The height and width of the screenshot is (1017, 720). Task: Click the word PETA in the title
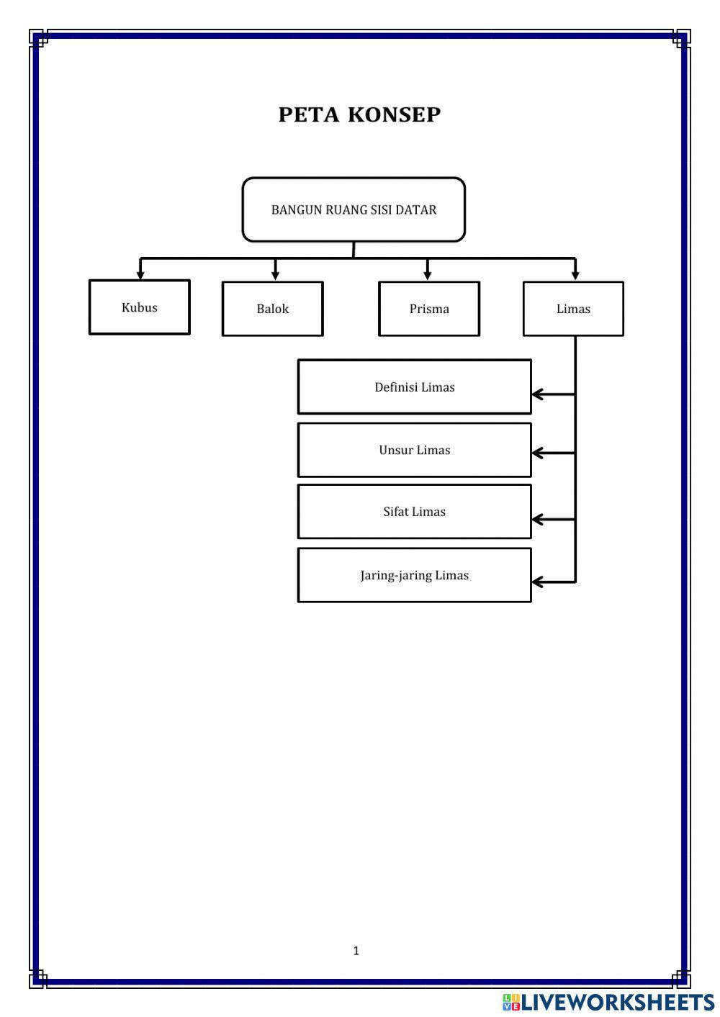tap(309, 114)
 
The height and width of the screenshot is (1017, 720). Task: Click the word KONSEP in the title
tap(395, 114)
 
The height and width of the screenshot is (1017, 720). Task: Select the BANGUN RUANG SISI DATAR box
tap(354, 209)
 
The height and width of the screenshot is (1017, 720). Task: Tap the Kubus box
tap(140, 307)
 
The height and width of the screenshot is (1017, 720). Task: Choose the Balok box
tap(273, 309)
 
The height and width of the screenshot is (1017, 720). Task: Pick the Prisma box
tap(429, 309)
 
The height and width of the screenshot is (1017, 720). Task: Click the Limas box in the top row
tap(573, 309)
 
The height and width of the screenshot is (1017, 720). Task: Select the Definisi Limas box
tap(414, 387)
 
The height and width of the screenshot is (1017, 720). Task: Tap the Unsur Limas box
tap(414, 450)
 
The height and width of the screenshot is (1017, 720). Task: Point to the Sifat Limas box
tap(414, 512)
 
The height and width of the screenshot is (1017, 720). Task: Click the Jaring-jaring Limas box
tap(414, 575)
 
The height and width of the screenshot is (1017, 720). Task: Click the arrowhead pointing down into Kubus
tap(140, 275)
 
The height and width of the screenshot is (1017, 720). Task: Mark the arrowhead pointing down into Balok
tap(275, 276)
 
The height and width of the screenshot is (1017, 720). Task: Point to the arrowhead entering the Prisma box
tap(427, 276)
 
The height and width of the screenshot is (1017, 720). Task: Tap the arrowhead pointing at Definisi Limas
tap(538, 394)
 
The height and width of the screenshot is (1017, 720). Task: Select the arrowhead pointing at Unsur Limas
tap(538, 453)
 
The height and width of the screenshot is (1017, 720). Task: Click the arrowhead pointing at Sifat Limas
tap(538, 520)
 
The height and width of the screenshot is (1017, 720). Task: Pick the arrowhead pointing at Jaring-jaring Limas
tap(538, 582)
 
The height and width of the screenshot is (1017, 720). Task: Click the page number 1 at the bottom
tap(356, 951)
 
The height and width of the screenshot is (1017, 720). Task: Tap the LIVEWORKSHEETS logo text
tap(618, 1002)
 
